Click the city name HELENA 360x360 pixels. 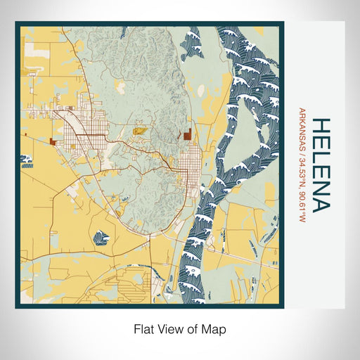click(x=319, y=165)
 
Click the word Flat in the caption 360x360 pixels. click(x=144, y=328)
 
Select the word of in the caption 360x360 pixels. click(x=193, y=328)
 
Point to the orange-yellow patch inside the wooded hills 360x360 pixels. click(x=139, y=130)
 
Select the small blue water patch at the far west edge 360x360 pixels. click(x=27, y=166)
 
